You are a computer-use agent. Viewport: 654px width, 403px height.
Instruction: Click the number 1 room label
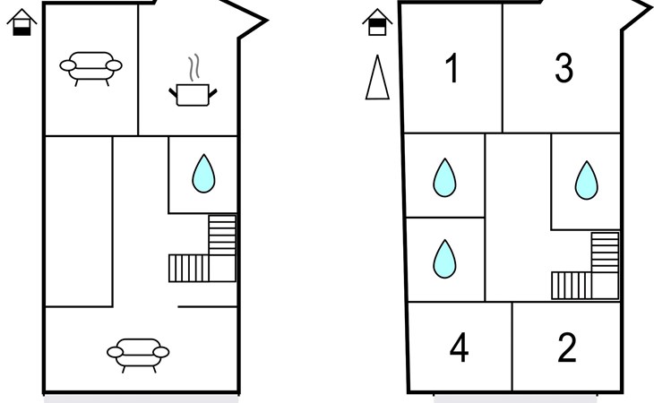(452, 68)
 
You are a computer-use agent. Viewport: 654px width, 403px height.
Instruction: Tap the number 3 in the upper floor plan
(564, 68)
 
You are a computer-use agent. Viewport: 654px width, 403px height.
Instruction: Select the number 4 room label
(460, 347)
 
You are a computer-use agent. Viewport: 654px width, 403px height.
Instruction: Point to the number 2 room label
(567, 347)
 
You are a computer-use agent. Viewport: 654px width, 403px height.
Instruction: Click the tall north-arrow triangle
(377, 78)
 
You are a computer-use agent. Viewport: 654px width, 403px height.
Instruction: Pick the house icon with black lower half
(22, 22)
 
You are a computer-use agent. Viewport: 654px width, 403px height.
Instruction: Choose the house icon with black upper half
(377, 22)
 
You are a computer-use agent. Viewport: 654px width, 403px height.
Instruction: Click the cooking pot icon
(193, 95)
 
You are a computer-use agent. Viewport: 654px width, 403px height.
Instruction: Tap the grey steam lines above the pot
(194, 67)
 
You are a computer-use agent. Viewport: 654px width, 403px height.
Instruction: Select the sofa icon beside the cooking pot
(90, 66)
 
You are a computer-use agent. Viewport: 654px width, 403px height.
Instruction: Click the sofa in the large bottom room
(138, 354)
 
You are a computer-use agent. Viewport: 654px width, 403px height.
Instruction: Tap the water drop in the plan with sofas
(203, 174)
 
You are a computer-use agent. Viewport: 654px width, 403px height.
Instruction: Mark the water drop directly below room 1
(444, 178)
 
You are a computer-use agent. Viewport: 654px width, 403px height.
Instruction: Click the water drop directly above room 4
(444, 259)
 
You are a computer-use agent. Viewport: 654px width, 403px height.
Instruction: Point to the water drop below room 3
(587, 180)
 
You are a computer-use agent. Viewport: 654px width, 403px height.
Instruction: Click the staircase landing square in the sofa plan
(222, 269)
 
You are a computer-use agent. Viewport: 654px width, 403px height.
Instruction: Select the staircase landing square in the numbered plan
(605, 286)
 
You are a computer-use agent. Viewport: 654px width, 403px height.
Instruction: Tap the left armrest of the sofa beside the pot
(68, 65)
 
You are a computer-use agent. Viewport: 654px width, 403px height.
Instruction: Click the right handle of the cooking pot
(212, 93)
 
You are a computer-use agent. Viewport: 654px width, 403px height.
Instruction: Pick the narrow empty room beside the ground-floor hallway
(79, 221)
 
